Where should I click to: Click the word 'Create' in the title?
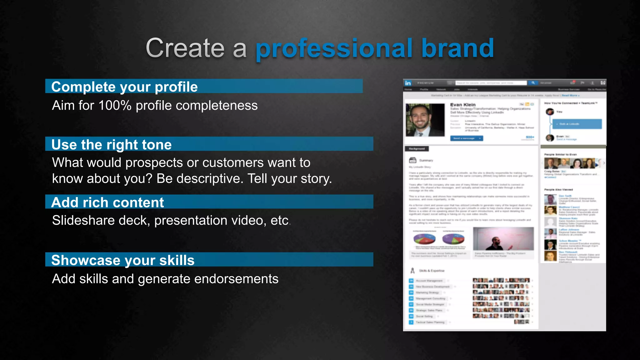click(185, 48)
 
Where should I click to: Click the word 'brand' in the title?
click(457, 48)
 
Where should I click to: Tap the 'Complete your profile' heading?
click(124, 87)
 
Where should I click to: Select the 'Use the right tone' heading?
click(112, 144)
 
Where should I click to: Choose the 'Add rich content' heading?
click(107, 202)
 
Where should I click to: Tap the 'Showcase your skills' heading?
click(123, 260)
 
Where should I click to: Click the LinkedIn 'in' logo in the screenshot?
click(408, 83)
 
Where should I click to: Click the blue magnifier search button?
click(533, 83)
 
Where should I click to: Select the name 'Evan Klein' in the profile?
click(463, 105)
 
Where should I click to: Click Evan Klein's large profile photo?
click(425, 120)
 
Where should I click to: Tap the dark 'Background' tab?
click(417, 149)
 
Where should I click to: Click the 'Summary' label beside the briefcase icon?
click(426, 160)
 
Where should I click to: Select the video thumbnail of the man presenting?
click(503, 239)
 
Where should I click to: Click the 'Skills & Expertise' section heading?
click(432, 271)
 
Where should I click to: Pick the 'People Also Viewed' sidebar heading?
click(558, 189)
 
